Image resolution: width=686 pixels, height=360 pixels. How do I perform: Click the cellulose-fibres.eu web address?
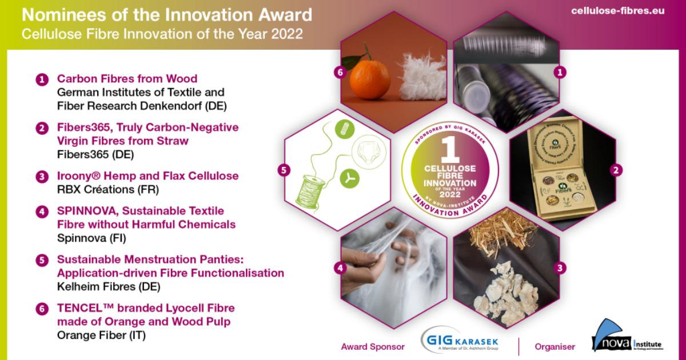click(617, 11)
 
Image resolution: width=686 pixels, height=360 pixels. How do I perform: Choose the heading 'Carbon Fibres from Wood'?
click(127, 79)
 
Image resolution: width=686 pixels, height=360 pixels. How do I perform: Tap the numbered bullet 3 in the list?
click(42, 177)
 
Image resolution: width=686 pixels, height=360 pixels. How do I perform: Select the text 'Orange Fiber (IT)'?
click(102, 335)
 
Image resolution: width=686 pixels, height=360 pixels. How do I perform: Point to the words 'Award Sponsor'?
click(373, 346)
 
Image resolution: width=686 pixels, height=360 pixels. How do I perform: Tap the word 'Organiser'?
click(555, 346)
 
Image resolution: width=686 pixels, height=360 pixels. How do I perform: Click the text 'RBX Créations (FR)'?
click(107, 189)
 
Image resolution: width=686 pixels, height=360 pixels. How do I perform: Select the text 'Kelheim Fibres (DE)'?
click(109, 286)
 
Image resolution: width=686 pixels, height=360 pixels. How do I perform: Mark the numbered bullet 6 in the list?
click(42, 309)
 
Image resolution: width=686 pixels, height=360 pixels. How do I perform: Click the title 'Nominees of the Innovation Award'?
click(167, 15)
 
